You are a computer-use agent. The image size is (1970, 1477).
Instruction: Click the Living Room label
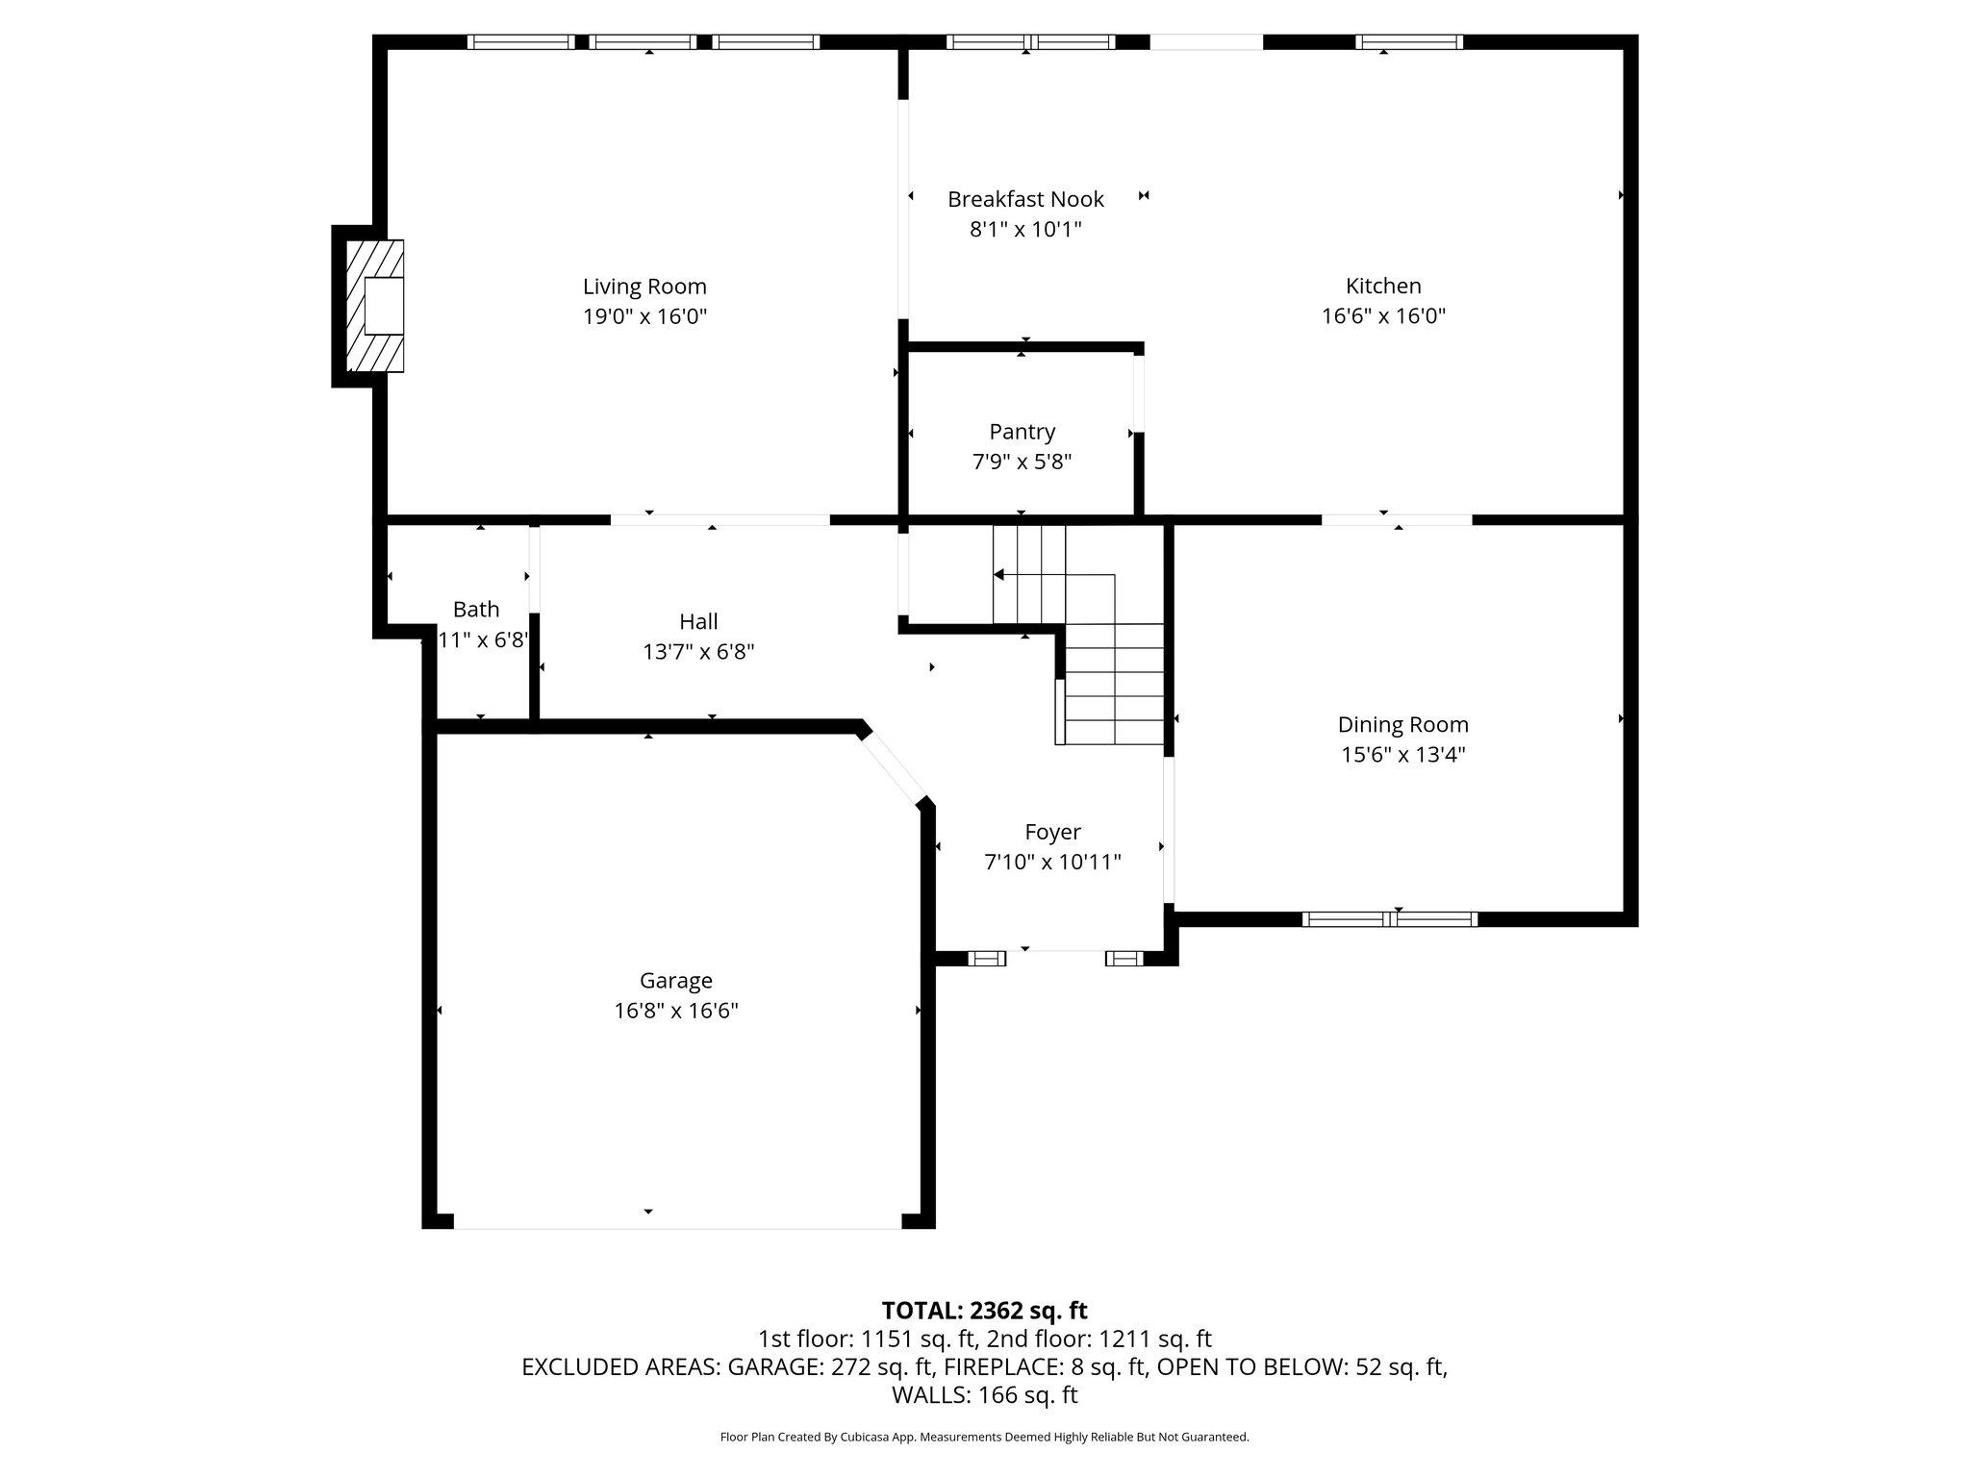tap(644, 287)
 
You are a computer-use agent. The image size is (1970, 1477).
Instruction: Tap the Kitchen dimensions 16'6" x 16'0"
tap(1383, 316)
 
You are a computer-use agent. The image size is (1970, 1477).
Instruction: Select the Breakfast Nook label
tap(1025, 199)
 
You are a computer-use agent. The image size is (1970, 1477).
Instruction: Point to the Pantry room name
tap(1022, 432)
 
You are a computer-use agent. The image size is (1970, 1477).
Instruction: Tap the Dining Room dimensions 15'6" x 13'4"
tap(1402, 755)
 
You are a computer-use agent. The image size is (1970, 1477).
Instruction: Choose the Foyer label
tap(1052, 832)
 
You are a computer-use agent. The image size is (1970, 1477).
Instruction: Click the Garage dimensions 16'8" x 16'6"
tap(676, 1011)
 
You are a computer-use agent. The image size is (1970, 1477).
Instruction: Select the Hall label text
tap(698, 621)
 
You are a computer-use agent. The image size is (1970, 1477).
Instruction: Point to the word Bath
tap(476, 609)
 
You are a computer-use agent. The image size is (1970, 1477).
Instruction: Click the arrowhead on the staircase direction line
tap(998, 575)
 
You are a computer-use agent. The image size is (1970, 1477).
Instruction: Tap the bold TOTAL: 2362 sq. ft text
tap(984, 1311)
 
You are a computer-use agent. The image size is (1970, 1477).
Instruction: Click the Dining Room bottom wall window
tap(1389, 919)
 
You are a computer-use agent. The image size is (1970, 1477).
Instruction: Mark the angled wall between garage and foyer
tap(893, 766)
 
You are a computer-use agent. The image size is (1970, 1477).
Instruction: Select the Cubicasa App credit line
tap(984, 1438)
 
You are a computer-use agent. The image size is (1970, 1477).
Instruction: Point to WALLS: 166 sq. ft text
tap(984, 1395)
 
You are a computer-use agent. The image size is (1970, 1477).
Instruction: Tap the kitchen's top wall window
tap(1408, 42)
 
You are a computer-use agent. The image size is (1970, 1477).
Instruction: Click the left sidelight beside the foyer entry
tap(986, 958)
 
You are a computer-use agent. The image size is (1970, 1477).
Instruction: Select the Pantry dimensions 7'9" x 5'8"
tap(1022, 463)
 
